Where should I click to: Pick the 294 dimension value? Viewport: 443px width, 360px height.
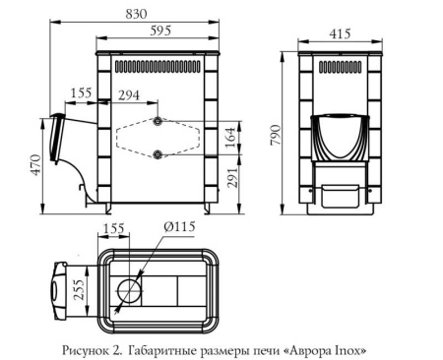click(129, 95)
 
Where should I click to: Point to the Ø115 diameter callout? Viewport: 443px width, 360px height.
click(178, 227)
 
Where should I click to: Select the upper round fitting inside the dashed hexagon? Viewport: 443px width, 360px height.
click(157, 121)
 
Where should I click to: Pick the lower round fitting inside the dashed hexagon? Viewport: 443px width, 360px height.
click(157, 154)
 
